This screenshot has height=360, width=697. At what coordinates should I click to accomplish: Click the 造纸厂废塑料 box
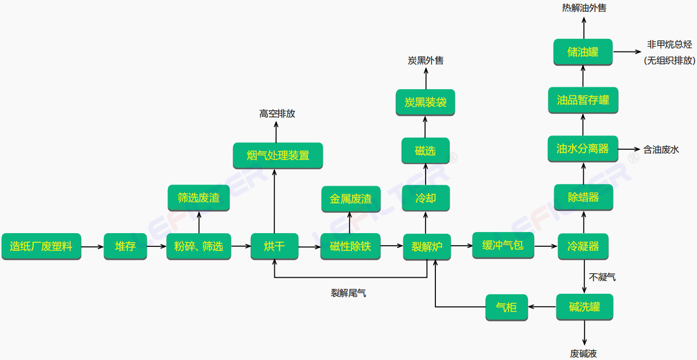[x=41, y=247]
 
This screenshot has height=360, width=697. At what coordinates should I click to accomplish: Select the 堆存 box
[x=125, y=247]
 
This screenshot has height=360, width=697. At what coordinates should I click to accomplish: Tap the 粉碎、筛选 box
[x=198, y=247]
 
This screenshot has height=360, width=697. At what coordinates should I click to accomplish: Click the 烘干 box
[x=275, y=247]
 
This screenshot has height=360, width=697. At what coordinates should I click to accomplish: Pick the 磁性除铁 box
[x=350, y=247]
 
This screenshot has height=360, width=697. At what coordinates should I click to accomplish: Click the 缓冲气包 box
[x=503, y=245]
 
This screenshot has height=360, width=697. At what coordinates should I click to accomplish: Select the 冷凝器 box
[x=583, y=247]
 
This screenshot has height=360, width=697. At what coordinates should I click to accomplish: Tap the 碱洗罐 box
[x=584, y=307]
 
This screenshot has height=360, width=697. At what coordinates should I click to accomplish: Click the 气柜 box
[x=506, y=307]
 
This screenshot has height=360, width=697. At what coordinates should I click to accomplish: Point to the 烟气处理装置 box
[x=278, y=155]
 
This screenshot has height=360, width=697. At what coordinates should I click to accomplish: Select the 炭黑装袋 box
[x=426, y=102]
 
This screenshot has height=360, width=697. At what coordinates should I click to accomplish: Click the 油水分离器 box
[x=583, y=149]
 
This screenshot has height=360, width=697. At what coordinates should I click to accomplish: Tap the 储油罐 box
[x=583, y=51]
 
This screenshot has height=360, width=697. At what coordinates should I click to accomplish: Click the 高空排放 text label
[x=277, y=114]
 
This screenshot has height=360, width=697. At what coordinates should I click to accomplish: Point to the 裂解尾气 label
[x=348, y=293]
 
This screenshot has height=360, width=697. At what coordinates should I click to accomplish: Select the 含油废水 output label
[x=661, y=150]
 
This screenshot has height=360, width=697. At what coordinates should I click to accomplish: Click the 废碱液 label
[x=583, y=354]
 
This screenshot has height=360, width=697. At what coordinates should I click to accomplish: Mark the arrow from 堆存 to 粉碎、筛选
[x=157, y=247]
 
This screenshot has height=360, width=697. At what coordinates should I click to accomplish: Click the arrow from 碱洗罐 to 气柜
[x=542, y=307]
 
